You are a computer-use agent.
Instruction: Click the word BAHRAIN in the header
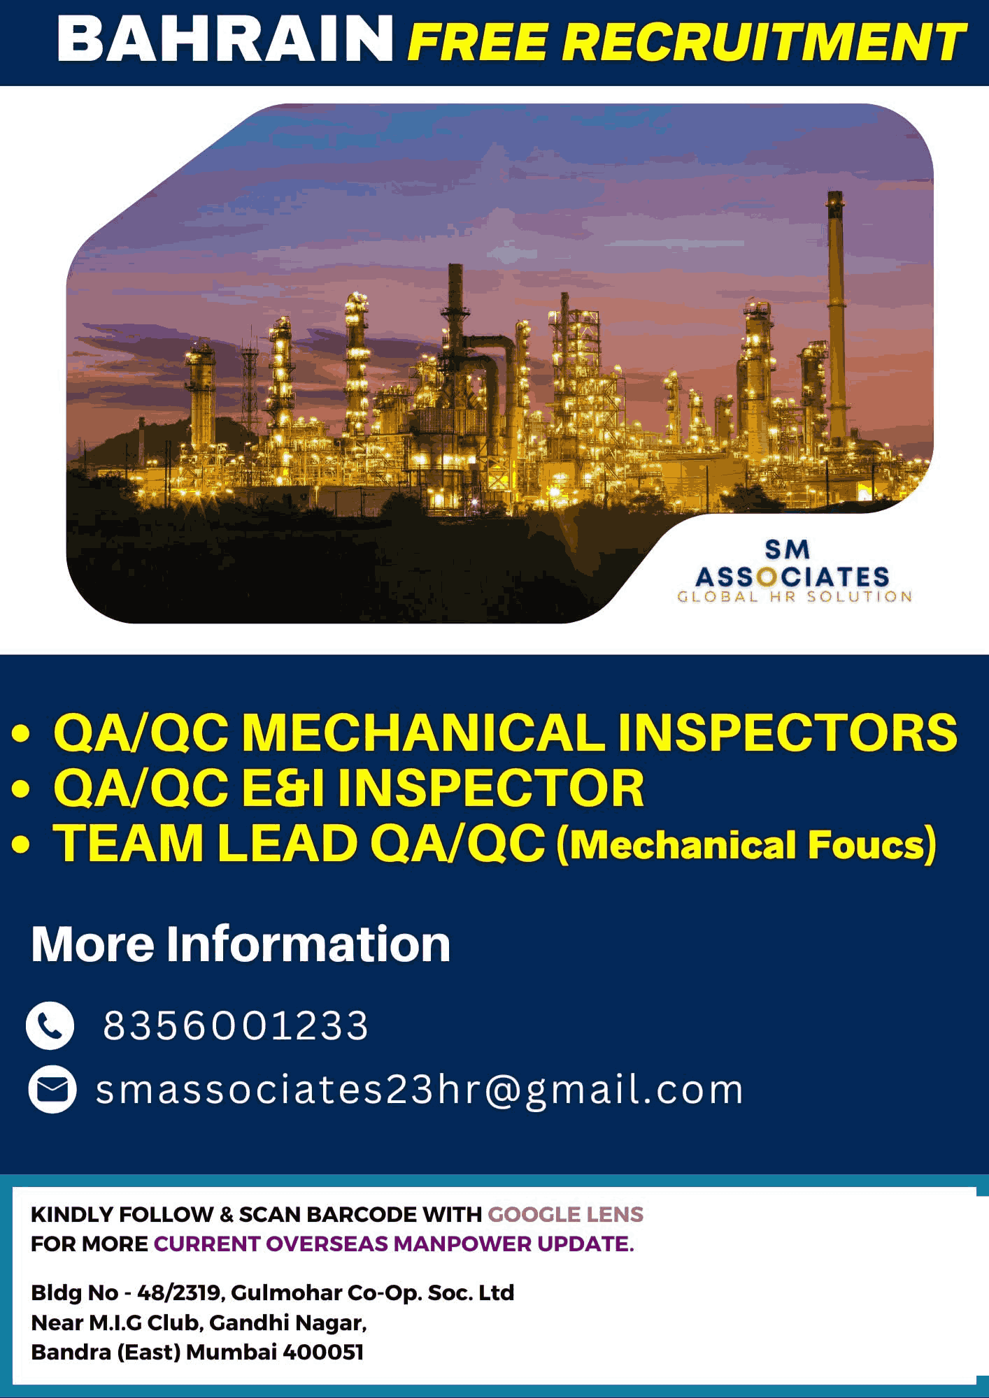225,39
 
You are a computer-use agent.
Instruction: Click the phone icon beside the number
50,1025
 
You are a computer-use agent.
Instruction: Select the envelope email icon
52,1089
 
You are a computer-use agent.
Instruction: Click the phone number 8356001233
236,1025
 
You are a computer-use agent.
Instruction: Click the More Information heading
241,944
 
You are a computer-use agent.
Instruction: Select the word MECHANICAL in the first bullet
423,733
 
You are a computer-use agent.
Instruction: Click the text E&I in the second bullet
283,788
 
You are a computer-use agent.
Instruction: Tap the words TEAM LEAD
206,843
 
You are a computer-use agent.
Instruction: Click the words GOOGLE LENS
565,1214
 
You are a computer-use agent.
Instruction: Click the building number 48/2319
180,1293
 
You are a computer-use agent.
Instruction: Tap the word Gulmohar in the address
286,1293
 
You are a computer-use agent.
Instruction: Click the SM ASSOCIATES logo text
792,563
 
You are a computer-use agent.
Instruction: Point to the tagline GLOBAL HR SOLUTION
795,596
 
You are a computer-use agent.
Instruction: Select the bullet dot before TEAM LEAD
21,844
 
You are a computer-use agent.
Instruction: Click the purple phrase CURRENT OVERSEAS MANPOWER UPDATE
394,1244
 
